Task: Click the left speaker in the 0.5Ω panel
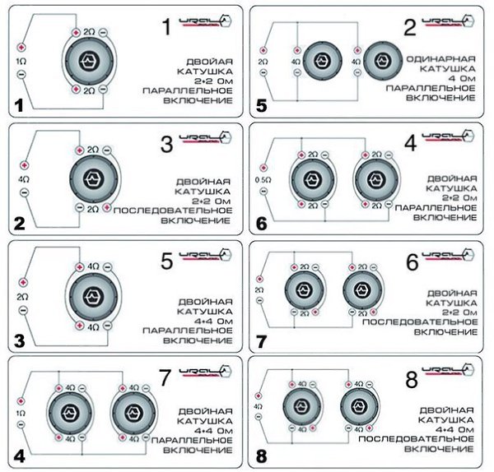click(x=310, y=179)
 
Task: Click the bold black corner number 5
click(x=262, y=104)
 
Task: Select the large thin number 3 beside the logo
click(x=166, y=146)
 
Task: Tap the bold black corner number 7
click(x=262, y=339)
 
